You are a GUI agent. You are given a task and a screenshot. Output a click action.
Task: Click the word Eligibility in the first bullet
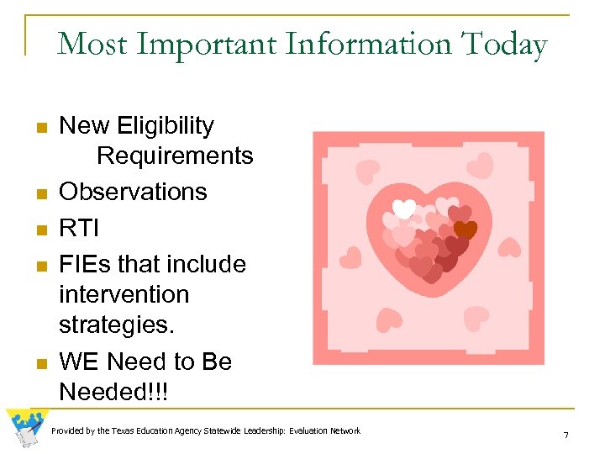(166, 126)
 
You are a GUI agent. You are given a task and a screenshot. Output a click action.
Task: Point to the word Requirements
(175, 156)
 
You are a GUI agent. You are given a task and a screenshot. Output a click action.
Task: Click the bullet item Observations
(133, 192)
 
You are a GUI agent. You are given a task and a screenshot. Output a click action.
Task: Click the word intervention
(124, 295)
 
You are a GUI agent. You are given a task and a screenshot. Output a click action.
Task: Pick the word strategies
(113, 325)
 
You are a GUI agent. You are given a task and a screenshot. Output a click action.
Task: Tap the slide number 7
(566, 436)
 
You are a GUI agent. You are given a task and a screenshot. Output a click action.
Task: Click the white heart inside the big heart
(404, 208)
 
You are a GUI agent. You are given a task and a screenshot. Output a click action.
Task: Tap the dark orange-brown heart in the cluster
(464, 230)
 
